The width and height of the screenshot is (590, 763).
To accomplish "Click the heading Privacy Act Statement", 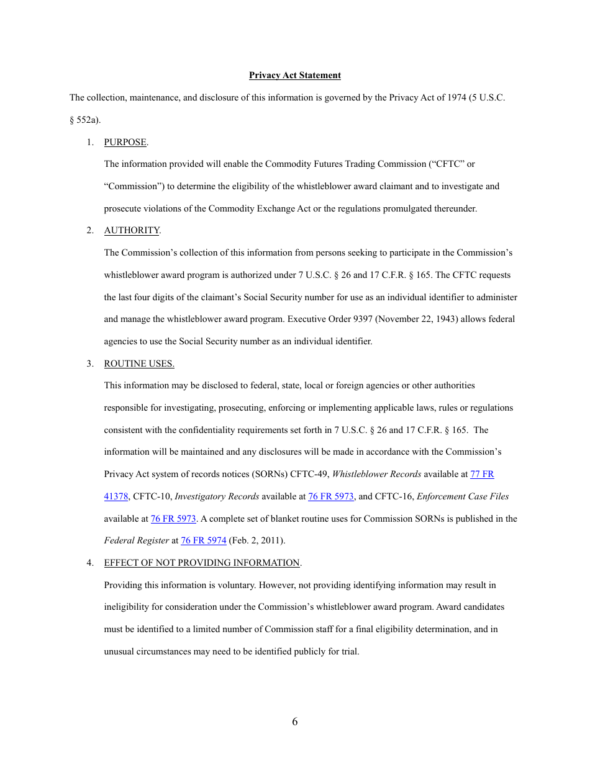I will [x=294, y=75].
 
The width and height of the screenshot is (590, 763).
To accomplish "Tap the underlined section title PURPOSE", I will [x=125, y=142].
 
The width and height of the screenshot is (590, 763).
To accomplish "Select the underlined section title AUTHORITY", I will [x=131, y=230].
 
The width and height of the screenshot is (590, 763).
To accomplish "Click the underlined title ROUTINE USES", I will [x=138, y=364].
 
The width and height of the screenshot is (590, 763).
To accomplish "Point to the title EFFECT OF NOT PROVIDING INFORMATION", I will [x=202, y=563].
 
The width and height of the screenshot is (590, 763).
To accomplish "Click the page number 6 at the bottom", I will [x=294, y=721].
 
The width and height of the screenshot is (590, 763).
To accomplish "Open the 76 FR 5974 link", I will [x=203, y=540].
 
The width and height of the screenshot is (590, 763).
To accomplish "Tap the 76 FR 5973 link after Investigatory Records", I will [x=330, y=496].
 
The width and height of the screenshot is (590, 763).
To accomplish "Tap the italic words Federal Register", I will [x=136, y=540].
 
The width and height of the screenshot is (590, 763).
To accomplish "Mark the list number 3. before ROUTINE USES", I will [x=90, y=364].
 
